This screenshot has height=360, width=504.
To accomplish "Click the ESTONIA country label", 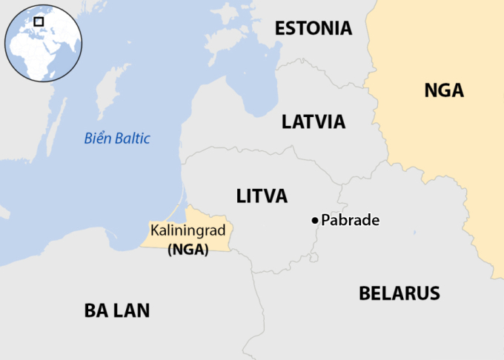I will point(313,29).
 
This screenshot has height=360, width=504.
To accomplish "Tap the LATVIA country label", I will point(314,121).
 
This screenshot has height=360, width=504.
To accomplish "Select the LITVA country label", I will point(262,196).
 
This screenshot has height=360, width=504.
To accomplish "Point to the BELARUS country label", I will point(399,293).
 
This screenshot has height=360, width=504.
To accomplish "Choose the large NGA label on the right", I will point(444,91).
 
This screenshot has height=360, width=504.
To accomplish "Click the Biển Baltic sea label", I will point(117,138).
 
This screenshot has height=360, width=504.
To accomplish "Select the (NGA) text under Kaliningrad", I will point(188,250).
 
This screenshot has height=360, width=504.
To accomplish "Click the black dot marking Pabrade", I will point(315,220).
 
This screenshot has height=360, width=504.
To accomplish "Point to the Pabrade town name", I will point(350,220).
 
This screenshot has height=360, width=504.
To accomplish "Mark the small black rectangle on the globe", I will point(39,21).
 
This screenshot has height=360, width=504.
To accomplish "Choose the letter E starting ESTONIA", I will point(280,29).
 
